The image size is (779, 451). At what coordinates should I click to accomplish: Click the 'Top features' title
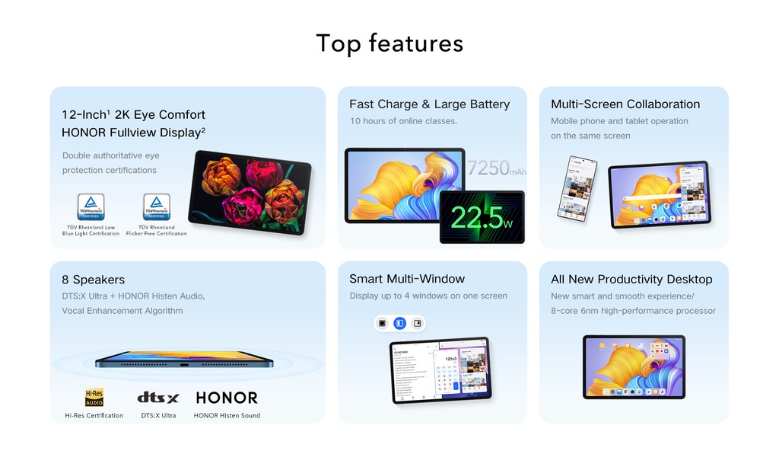(389, 43)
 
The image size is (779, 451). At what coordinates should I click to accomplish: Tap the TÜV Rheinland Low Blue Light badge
(91, 206)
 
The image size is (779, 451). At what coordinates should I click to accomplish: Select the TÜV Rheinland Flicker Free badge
(157, 206)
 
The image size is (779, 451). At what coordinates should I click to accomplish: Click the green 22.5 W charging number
(482, 217)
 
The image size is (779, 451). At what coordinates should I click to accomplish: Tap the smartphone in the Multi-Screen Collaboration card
(577, 188)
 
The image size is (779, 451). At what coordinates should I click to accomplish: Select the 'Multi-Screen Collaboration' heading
(625, 104)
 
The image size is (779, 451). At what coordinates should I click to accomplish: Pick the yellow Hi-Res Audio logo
(94, 398)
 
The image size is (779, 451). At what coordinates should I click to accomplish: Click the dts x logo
(158, 398)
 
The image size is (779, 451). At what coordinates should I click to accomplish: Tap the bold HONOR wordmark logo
(227, 398)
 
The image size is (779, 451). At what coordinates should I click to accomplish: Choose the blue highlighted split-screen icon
(399, 324)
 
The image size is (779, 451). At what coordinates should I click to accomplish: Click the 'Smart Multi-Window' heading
(407, 279)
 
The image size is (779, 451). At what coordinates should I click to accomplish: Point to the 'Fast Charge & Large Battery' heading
(429, 104)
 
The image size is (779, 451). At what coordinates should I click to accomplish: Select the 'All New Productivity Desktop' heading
(631, 279)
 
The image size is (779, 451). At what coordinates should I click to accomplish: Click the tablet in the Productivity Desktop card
(634, 367)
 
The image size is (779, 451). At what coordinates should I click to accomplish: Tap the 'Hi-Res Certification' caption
(94, 416)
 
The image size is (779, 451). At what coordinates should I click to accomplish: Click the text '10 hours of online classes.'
(403, 121)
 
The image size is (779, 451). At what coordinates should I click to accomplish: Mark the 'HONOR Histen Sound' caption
(227, 416)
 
